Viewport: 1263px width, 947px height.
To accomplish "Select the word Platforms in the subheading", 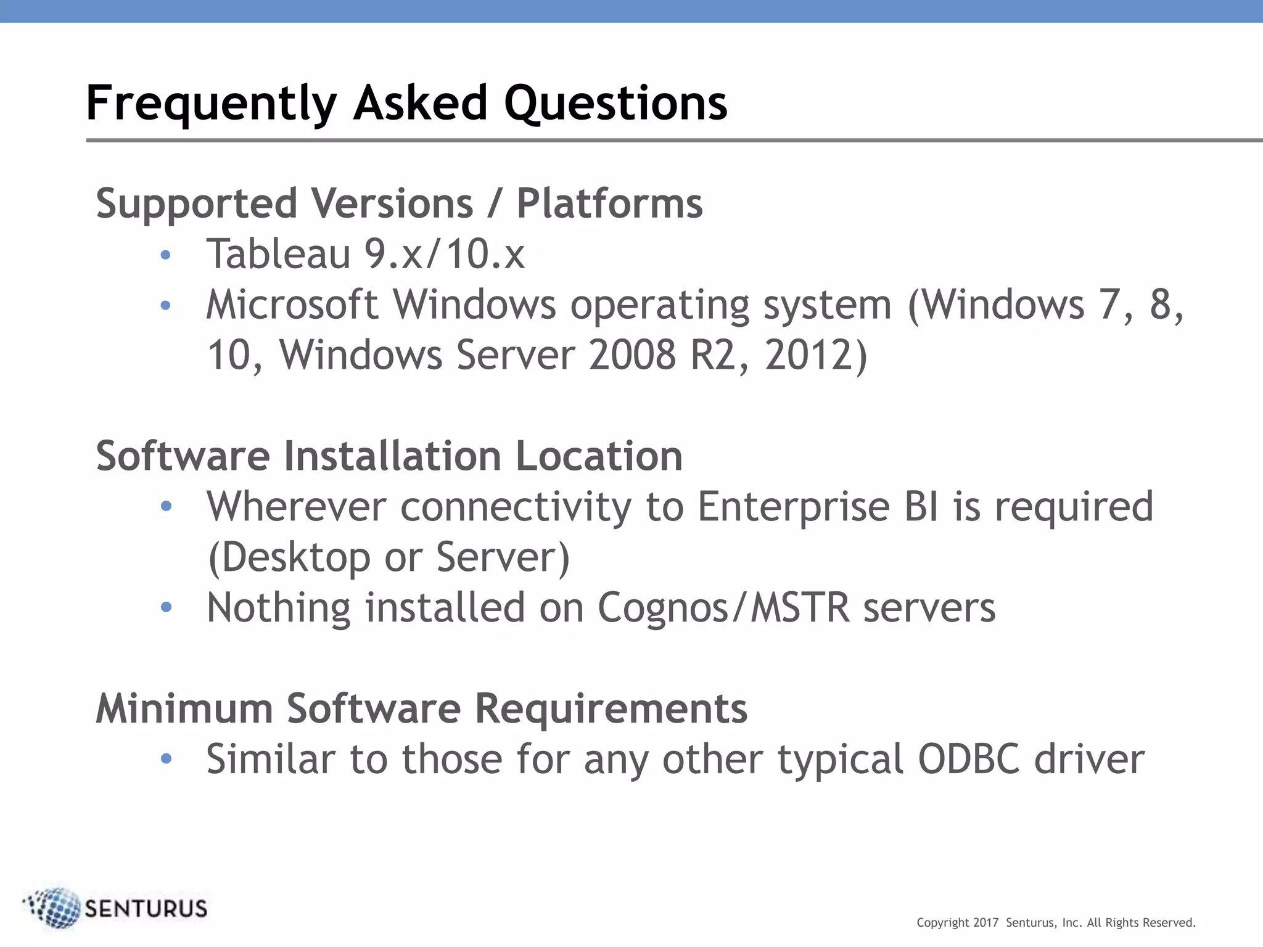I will click(609, 203).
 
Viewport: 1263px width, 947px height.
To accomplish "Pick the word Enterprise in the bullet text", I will click(794, 506).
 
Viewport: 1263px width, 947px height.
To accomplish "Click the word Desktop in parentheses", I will click(289, 557).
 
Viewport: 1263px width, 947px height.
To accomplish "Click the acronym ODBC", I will click(968, 759).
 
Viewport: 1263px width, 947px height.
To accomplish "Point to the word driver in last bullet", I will click(1089, 759).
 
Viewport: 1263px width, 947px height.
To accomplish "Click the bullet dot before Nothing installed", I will click(165, 607).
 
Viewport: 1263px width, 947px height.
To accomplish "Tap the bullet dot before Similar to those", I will click(165, 759).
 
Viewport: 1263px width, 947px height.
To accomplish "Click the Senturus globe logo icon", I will click(55, 908).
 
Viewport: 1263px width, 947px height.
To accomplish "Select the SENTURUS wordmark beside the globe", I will click(146, 909).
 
